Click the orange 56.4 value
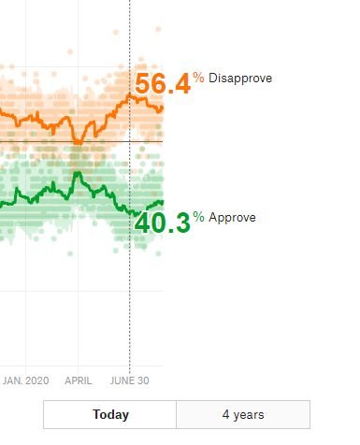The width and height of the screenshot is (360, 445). point(163,84)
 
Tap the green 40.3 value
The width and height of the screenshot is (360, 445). point(163,223)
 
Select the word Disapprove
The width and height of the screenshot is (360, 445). point(240,79)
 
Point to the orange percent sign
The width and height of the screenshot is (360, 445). point(198,78)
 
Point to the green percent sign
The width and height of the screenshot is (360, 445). point(198,217)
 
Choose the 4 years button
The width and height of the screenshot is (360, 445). point(242,414)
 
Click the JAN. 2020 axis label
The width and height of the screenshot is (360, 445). point(25,380)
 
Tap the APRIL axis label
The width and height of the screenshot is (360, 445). point(79,380)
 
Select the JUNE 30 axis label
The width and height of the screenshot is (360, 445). point(130,380)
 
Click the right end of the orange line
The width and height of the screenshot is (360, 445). point(163,107)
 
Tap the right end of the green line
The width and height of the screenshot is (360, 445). point(163,202)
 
